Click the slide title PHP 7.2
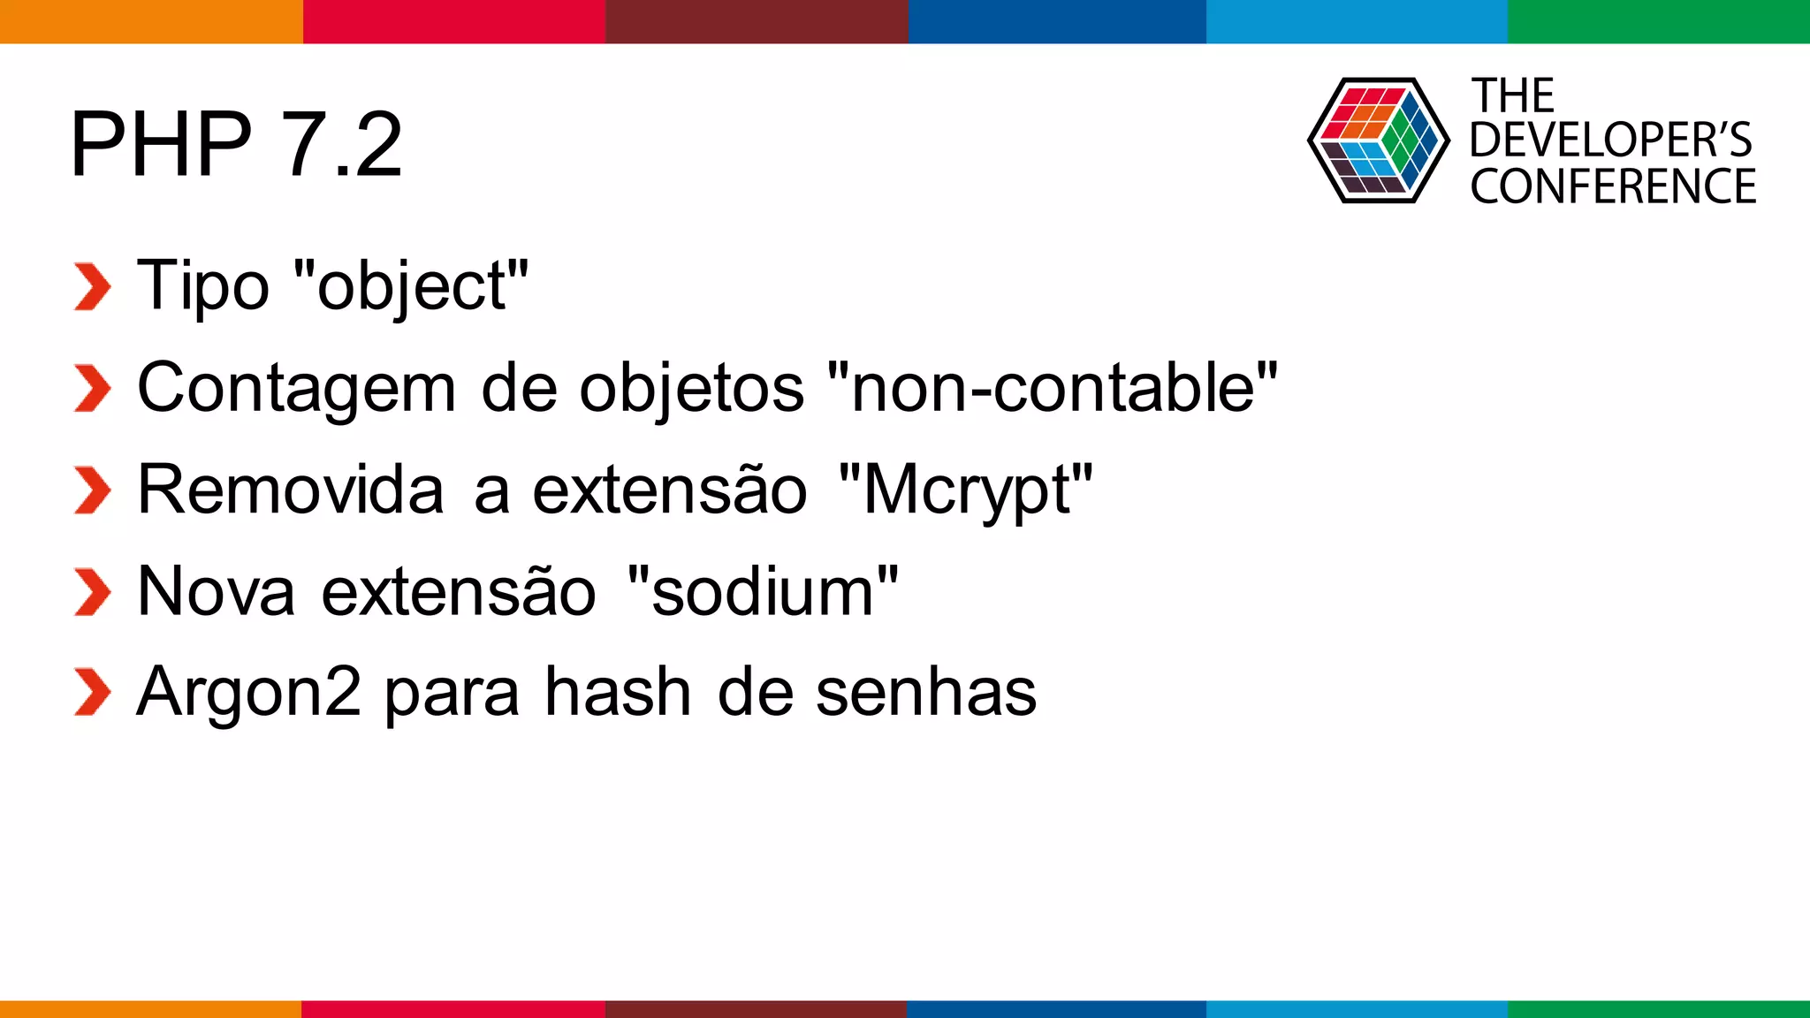(236, 144)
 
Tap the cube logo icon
(1378, 141)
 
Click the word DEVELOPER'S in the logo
(1610, 141)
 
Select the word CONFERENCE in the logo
(1613, 186)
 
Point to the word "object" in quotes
(411, 286)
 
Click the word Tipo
(203, 286)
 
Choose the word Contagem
(297, 388)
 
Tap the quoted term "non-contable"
(1053, 388)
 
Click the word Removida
(291, 490)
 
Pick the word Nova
(217, 591)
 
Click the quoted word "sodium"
(763, 591)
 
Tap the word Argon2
(249, 693)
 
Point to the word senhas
(925, 693)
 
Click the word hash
(617, 693)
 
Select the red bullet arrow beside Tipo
(92, 287)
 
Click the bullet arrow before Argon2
(92, 693)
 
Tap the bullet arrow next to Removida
(92, 490)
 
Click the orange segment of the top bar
(150, 21)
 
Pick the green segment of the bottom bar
(1658, 1009)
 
